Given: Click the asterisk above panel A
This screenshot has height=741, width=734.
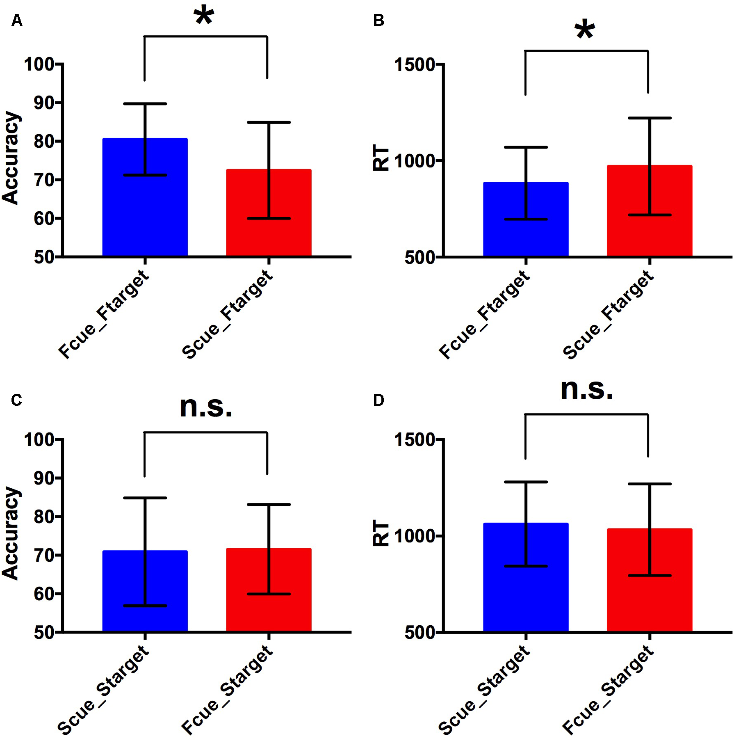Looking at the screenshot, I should coord(204,16).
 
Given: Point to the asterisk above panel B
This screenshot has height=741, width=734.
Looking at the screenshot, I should coord(585,30).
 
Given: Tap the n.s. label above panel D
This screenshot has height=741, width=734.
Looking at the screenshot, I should coord(586,389).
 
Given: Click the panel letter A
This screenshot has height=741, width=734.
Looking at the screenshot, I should coord(17,20).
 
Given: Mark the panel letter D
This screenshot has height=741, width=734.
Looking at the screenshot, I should coord(378,400).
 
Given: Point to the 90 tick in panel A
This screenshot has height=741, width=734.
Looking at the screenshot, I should coord(44,103).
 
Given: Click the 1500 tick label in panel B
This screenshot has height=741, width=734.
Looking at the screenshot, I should coord(414,65).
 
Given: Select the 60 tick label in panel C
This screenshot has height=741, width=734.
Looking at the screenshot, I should coord(44,594).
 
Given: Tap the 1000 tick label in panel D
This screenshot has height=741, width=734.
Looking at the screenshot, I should coord(414,536).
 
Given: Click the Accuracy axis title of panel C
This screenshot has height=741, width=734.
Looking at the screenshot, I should coord(11,533).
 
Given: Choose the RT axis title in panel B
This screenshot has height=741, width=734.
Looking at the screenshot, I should coord(381,158).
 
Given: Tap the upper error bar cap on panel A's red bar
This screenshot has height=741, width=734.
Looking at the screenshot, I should coord(269,122).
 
